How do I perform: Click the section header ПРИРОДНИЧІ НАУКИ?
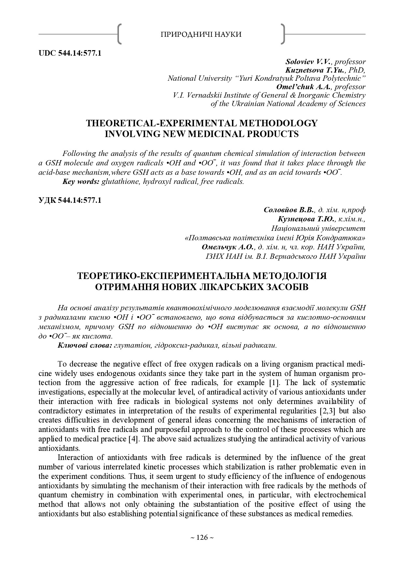[x=201, y=35]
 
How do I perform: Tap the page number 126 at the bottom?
[x=202, y=537]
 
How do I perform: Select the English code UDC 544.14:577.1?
[x=70, y=53]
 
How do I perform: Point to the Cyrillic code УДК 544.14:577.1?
[x=70, y=200]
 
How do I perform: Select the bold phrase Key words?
[x=81, y=182]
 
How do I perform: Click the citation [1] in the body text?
[x=272, y=383]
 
